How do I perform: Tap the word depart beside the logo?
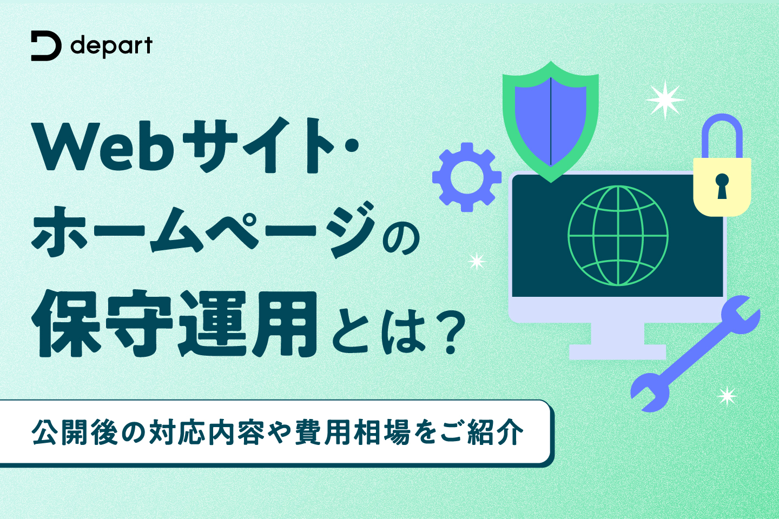[111, 46]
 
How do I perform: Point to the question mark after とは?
[451, 333]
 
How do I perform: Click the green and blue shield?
[551, 122]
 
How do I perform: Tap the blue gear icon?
[467, 177]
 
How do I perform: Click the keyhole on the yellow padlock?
[722, 186]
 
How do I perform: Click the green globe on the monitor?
[618, 236]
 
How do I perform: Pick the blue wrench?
[696, 354]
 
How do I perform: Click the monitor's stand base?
[618, 352]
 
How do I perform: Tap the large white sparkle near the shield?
[665, 100]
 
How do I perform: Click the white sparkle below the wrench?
[727, 396]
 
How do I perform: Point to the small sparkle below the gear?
[477, 261]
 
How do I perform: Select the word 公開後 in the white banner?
[75, 433]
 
